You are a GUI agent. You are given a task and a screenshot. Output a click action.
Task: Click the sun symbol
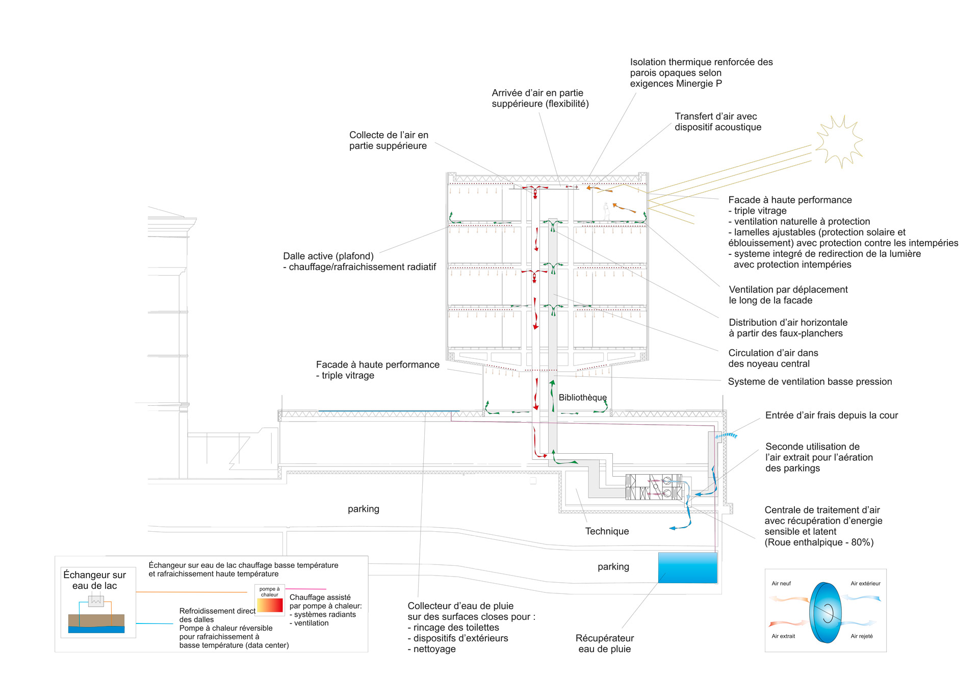click(838, 141)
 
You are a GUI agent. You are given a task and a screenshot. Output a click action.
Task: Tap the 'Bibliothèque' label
click(582, 398)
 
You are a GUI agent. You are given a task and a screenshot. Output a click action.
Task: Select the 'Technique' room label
click(607, 531)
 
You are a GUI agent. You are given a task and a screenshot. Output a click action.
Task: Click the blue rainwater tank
click(687, 567)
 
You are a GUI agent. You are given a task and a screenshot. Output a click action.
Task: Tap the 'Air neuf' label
click(781, 584)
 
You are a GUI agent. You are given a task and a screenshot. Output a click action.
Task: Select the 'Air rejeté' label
click(861, 636)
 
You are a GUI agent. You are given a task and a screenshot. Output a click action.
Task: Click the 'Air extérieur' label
click(865, 584)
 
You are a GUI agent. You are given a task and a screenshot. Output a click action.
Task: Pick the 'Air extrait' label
click(783, 636)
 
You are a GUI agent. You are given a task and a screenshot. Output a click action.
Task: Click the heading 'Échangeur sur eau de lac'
click(95, 580)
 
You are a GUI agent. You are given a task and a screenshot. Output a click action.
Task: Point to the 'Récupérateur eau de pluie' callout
click(605, 643)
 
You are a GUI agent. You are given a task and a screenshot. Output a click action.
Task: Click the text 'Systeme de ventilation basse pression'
click(810, 382)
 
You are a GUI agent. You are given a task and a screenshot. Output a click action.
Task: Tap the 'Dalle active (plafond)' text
click(328, 256)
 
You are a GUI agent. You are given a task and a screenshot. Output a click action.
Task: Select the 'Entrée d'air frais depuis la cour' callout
click(831, 415)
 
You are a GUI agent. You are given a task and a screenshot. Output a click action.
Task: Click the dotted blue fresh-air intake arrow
click(726, 436)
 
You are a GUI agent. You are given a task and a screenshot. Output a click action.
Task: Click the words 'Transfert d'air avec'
click(715, 116)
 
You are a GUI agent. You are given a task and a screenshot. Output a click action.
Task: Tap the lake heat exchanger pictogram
click(96, 614)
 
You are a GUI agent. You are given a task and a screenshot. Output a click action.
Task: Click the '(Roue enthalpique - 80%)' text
click(819, 542)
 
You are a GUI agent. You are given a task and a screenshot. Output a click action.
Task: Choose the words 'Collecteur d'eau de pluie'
click(460, 606)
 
